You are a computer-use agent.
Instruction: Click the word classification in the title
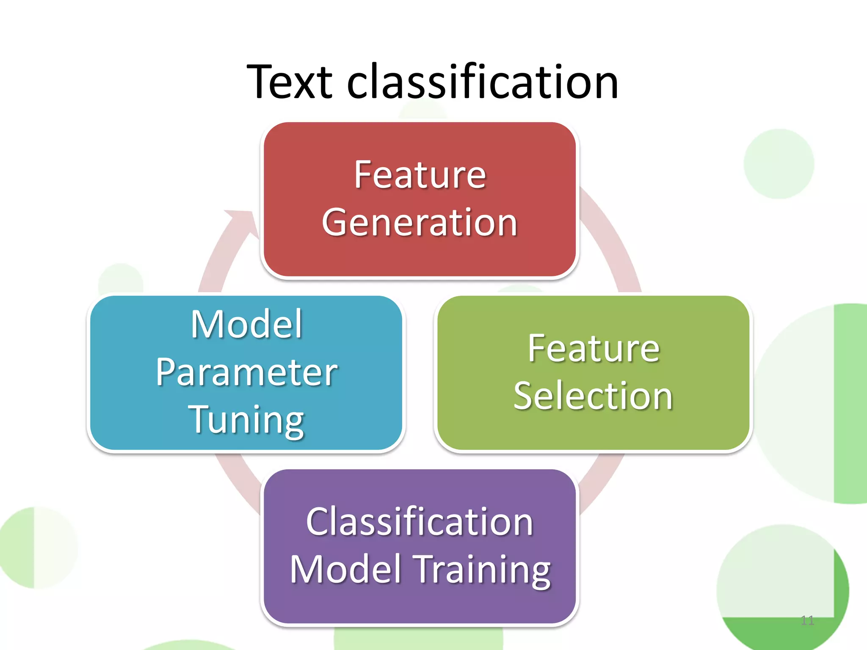[483, 82]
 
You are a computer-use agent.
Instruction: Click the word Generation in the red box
[420, 223]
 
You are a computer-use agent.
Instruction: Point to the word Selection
[593, 396]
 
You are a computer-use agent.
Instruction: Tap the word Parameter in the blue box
[246, 372]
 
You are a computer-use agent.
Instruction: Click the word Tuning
[246, 420]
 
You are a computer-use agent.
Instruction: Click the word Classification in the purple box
[420, 522]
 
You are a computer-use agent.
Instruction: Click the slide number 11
[807, 620]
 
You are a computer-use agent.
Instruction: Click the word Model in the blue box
[246, 324]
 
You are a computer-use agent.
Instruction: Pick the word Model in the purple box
[345, 570]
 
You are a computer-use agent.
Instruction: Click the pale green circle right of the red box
[779, 164]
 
